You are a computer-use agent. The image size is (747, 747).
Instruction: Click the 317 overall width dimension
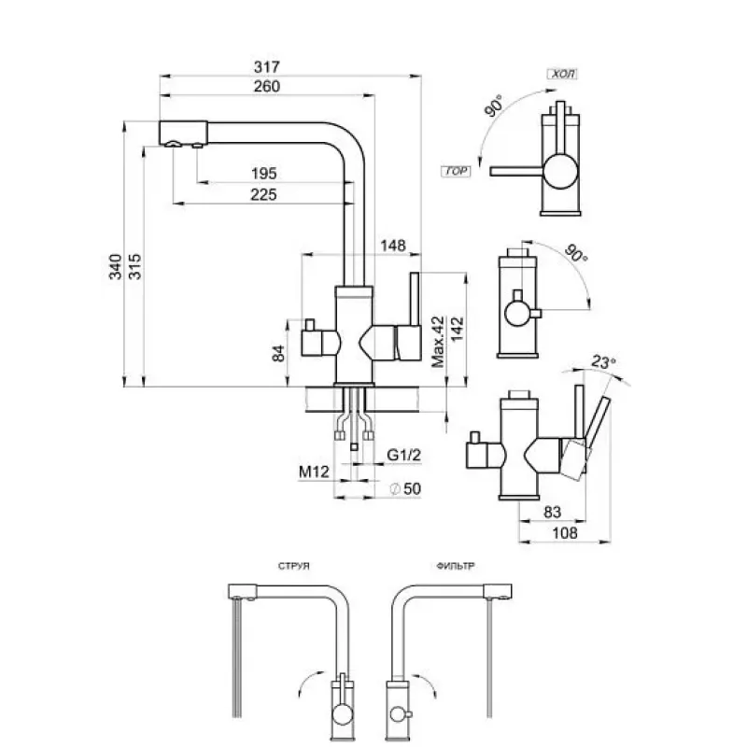(268, 68)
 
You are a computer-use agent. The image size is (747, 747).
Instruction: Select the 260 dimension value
(268, 86)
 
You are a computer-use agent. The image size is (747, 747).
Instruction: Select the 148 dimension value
(394, 246)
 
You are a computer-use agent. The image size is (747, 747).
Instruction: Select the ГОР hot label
(457, 172)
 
